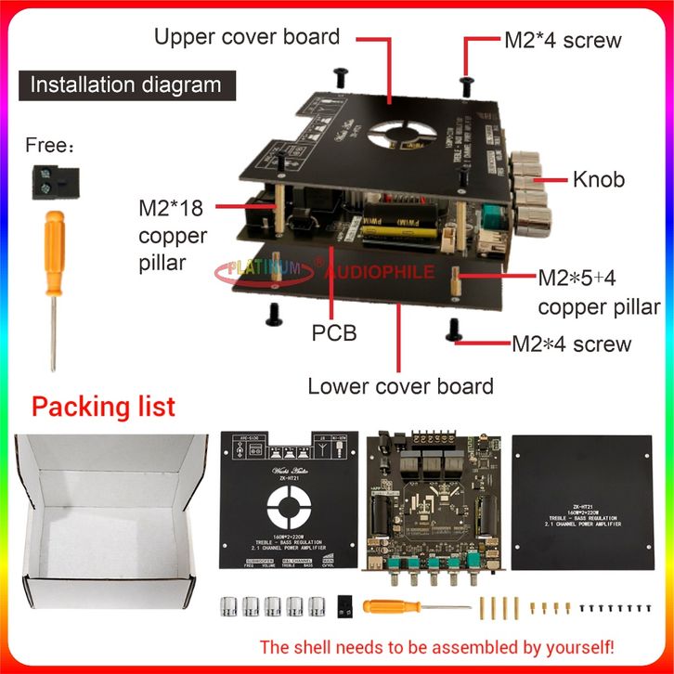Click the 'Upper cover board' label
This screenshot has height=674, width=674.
[246, 37]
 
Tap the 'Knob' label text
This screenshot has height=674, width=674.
[597, 178]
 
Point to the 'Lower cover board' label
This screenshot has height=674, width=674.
[400, 385]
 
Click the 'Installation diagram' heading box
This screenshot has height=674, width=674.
[126, 84]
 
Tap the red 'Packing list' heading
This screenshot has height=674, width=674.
[103, 406]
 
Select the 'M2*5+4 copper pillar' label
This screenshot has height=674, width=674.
[599, 292]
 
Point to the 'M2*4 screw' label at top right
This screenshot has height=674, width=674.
[562, 41]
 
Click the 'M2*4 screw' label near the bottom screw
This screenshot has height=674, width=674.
[571, 344]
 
